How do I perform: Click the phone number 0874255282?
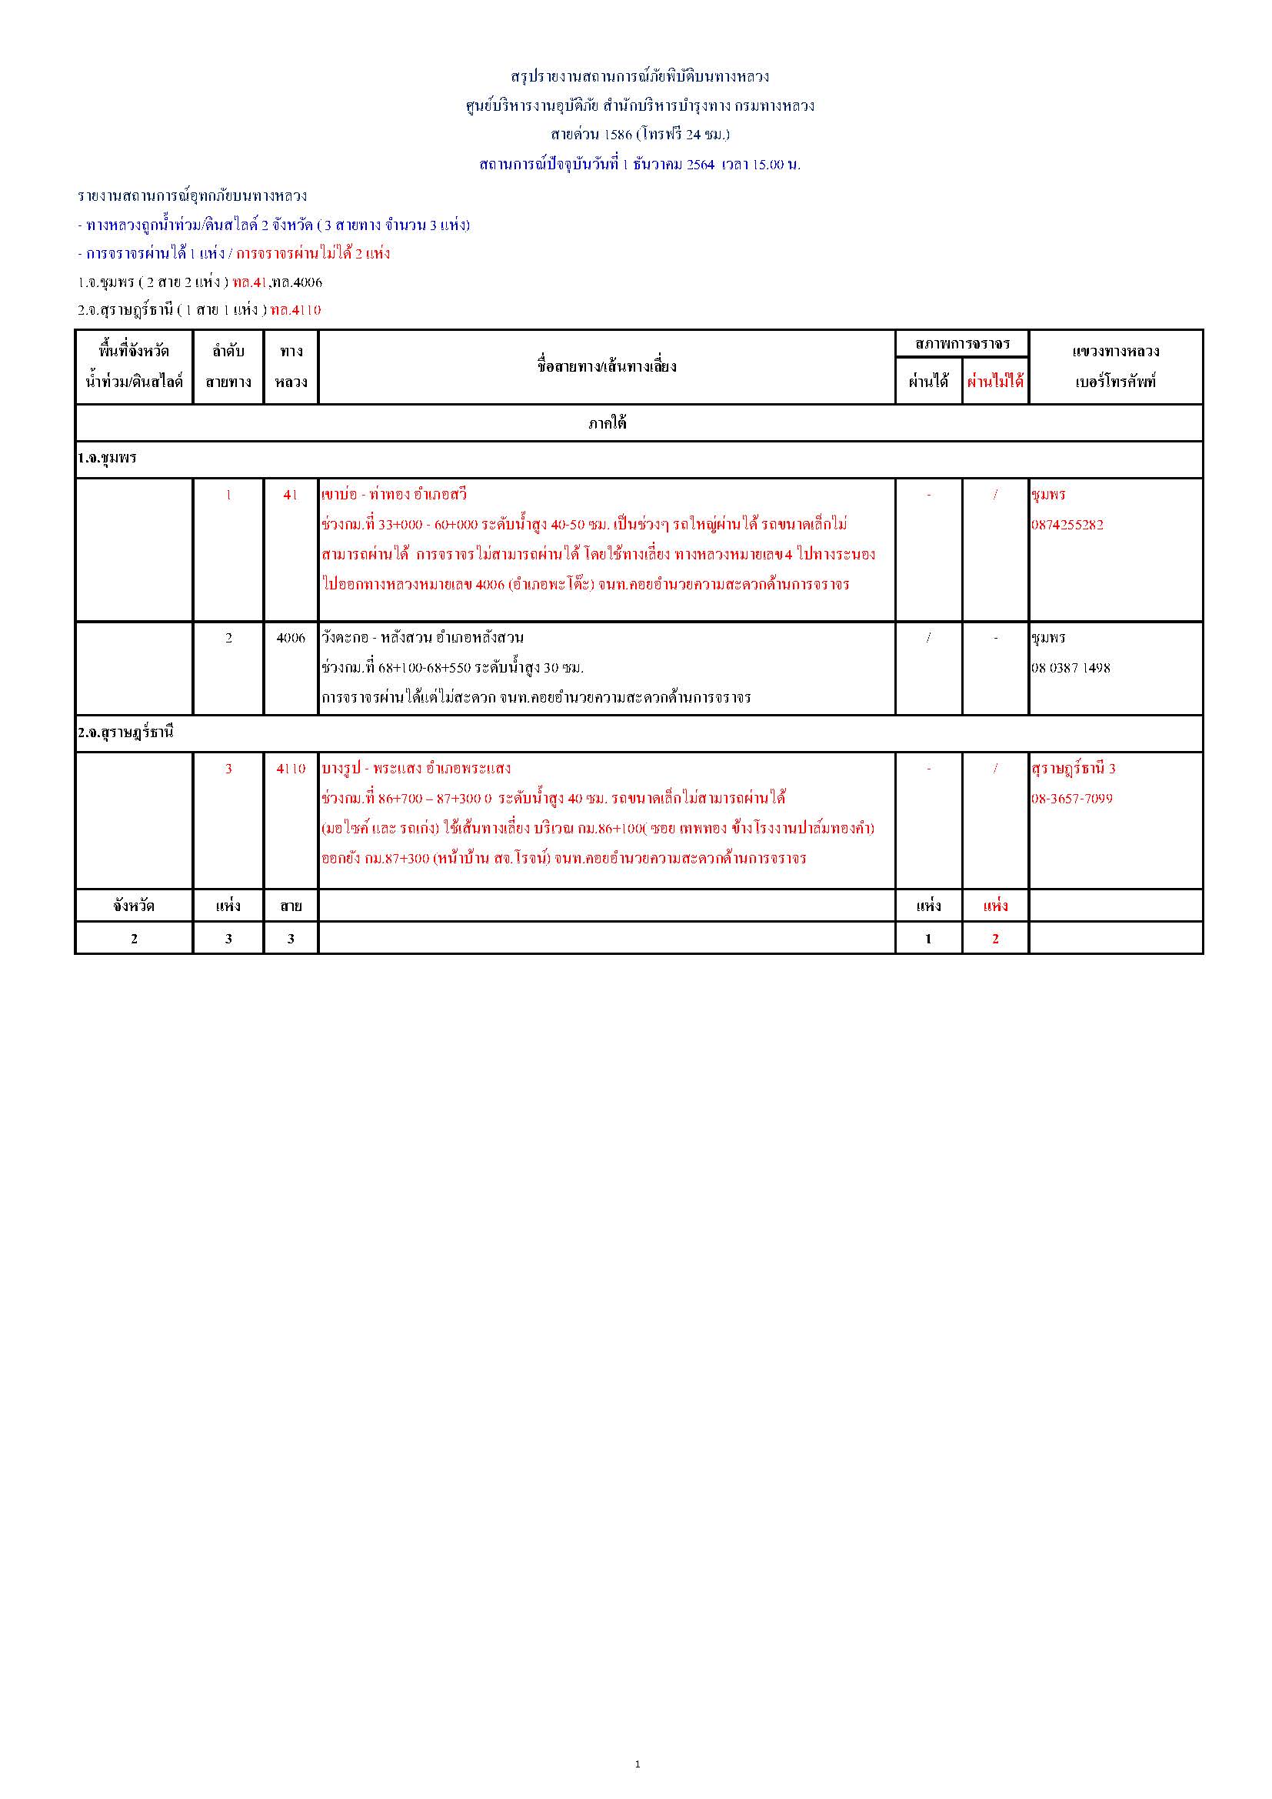[x=1067, y=525]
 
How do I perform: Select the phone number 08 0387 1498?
[x=1070, y=669]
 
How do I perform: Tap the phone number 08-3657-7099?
[x=1071, y=799]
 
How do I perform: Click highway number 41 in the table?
[x=291, y=496]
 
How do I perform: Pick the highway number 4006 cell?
[x=291, y=638]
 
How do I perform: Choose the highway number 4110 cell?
[x=291, y=769]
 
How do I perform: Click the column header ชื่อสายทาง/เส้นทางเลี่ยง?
[x=606, y=367]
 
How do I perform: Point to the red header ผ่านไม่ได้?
[x=994, y=382]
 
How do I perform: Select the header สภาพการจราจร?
[x=962, y=344]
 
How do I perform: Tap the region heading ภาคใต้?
[x=607, y=424]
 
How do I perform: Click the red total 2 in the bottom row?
[x=994, y=939]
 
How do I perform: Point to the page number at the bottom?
[x=637, y=1764]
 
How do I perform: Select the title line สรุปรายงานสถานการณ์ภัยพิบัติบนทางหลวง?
[x=639, y=77]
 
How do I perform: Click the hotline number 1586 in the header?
[x=618, y=135]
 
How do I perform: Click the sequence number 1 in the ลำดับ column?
[x=228, y=496]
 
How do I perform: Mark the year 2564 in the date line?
[x=701, y=165]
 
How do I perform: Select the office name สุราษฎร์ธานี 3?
[x=1073, y=769]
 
